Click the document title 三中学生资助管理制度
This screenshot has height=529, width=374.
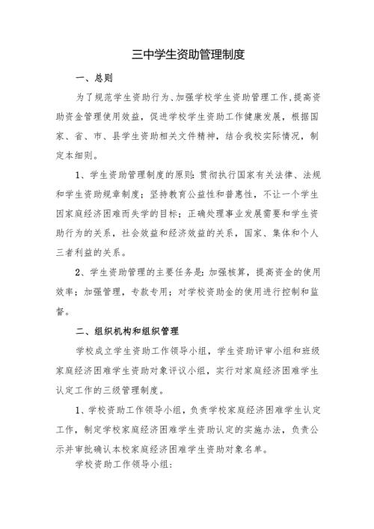[x=188, y=55]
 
